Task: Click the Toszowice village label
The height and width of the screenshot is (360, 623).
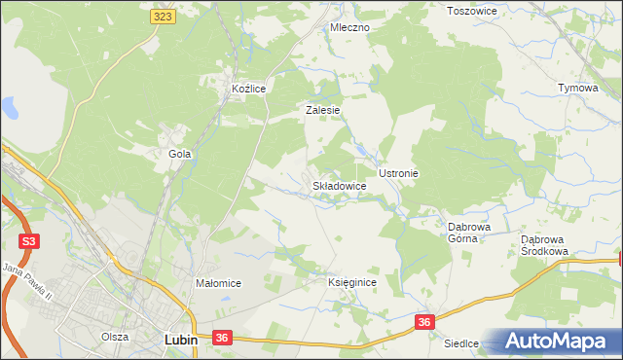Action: pos(471,11)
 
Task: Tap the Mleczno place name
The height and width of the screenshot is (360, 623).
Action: pos(349,28)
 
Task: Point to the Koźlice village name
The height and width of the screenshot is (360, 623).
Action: pos(248,89)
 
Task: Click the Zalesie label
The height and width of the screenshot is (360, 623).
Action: pos(322,111)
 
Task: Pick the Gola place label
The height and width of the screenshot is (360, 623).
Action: pos(179,154)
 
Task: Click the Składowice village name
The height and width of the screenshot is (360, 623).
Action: pos(339,185)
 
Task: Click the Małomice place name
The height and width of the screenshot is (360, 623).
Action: pos(218,283)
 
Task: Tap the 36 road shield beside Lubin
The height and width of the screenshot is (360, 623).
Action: pos(222,338)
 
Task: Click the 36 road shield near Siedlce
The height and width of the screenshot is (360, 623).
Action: pos(423,321)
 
